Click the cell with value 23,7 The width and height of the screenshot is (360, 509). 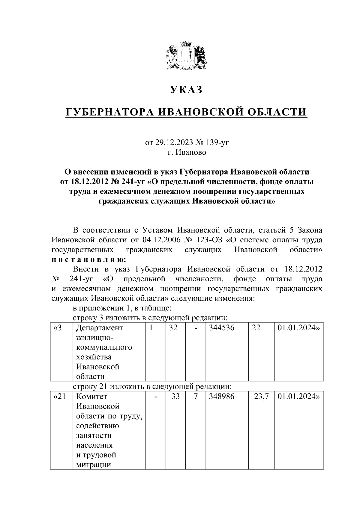[261, 397]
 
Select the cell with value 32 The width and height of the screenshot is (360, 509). [173, 328]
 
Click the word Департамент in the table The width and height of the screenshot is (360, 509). [100, 328]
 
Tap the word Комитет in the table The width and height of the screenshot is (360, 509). [91, 397]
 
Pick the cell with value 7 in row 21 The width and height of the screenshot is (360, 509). [195, 397]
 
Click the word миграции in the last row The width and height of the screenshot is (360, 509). [94, 465]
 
